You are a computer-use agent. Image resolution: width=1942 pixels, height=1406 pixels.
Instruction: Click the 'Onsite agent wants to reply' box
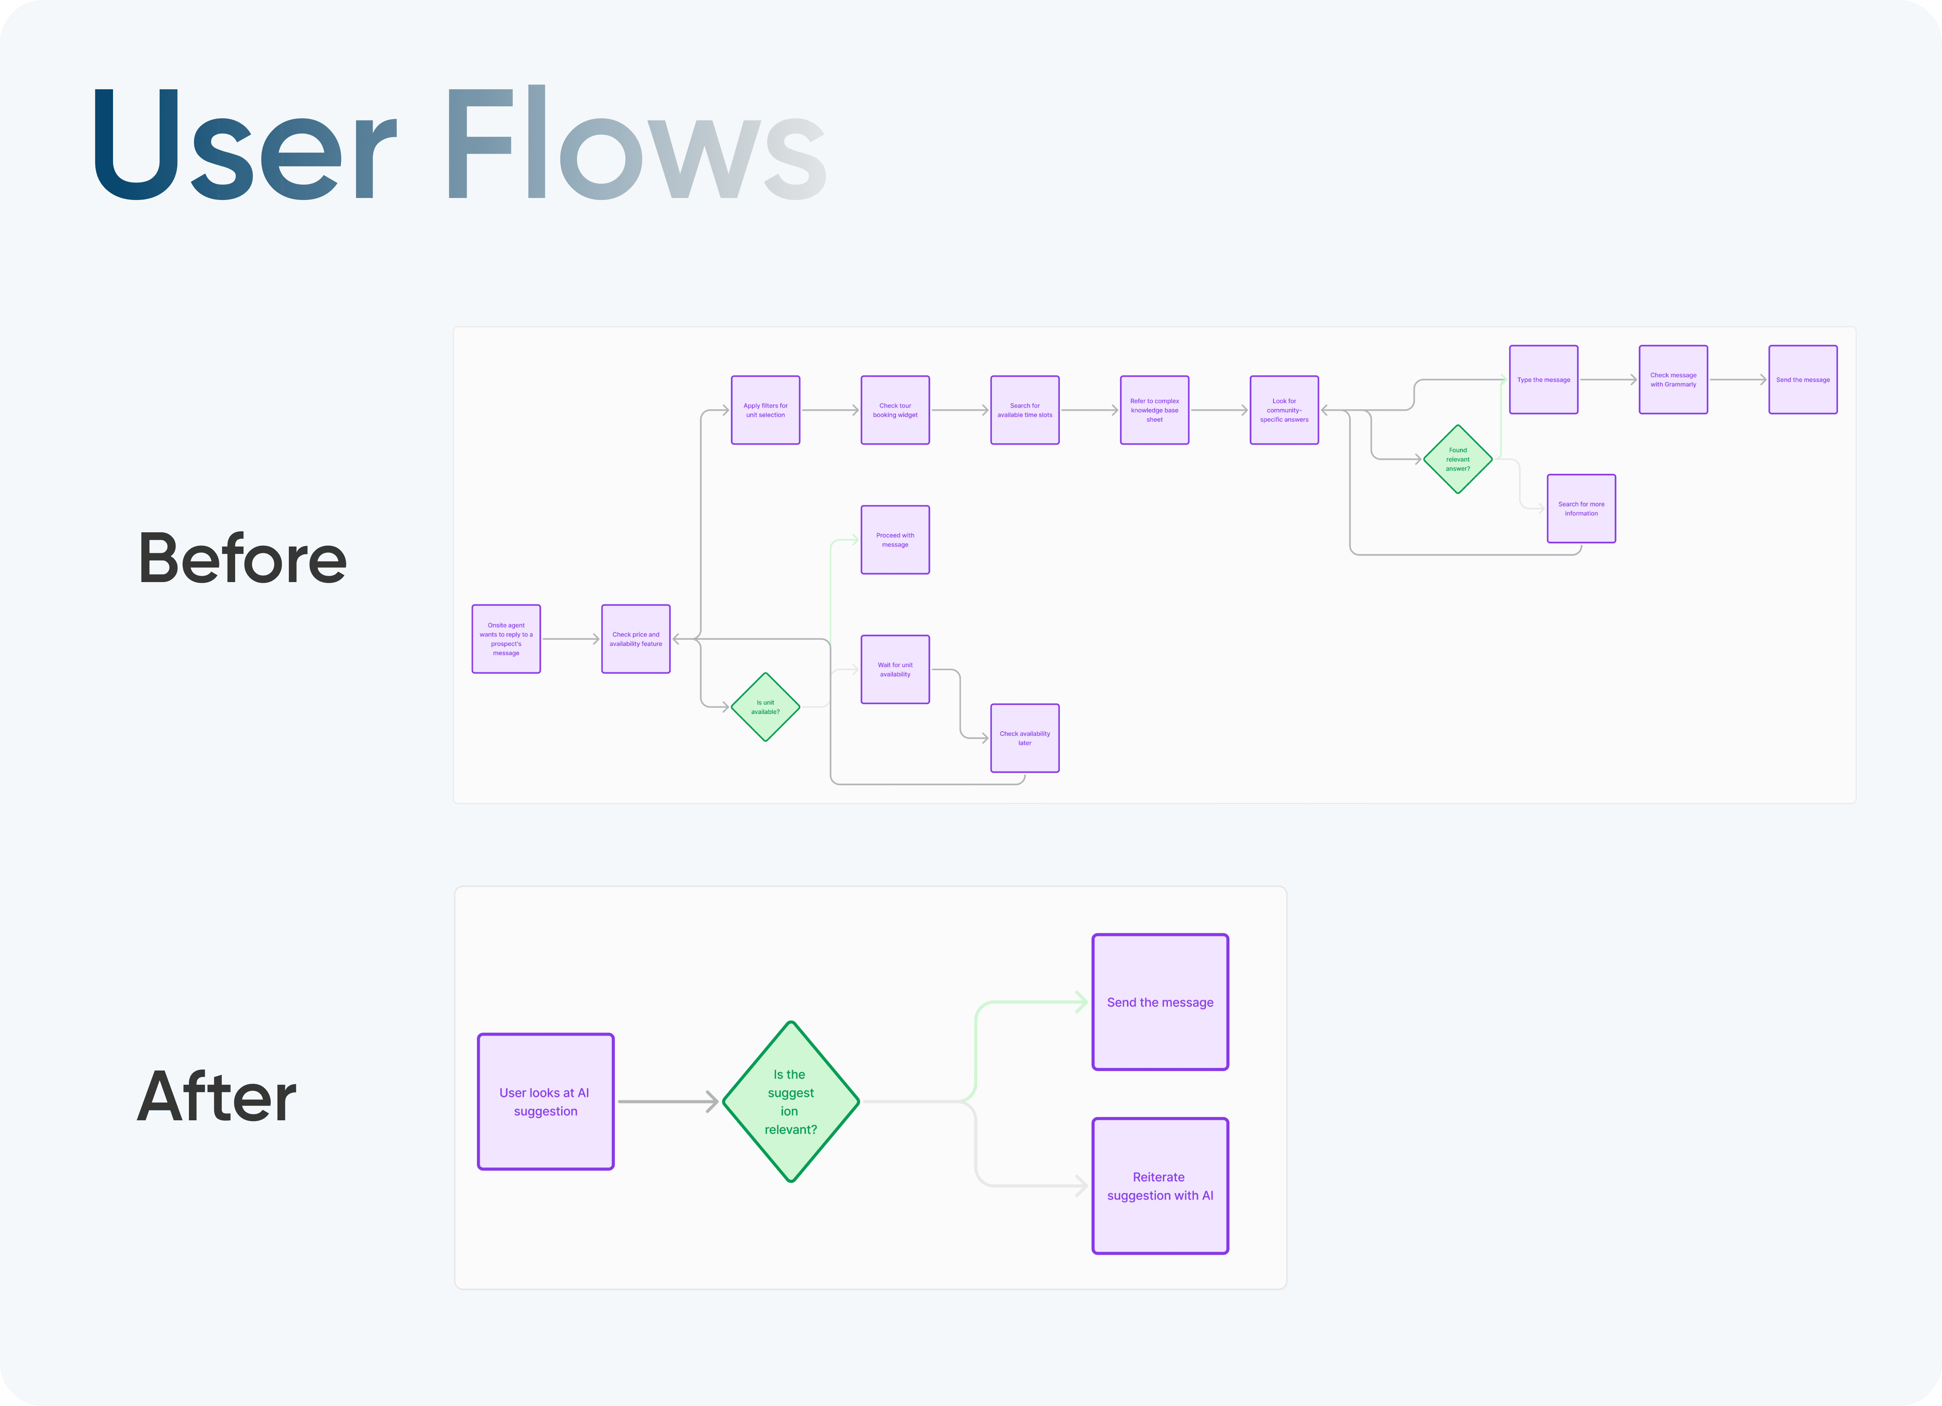click(x=506, y=639)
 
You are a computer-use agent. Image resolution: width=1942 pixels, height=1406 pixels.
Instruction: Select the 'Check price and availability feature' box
click(x=635, y=639)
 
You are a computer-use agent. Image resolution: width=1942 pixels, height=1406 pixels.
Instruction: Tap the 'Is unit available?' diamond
click(x=765, y=707)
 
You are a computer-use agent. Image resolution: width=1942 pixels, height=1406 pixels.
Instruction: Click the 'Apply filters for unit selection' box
click(x=765, y=410)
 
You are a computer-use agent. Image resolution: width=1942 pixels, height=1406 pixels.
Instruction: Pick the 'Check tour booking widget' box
click(x=895, y=410)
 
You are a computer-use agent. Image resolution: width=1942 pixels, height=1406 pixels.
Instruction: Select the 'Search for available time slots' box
click(x=1025, y=410)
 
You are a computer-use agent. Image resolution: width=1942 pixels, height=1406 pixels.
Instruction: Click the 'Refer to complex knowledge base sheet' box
click(x=1154, y=410)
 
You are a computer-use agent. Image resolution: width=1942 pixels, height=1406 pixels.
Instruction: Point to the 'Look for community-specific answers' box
click(x=1284, y=410)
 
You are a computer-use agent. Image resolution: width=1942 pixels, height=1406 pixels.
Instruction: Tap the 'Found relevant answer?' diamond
click(x=1457, y=459)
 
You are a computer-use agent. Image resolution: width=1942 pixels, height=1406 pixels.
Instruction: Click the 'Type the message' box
click(x=1544, y=379)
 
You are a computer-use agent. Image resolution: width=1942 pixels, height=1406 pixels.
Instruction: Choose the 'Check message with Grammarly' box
click(x=1673, y=379)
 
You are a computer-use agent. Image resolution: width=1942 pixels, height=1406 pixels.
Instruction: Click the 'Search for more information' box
click(x=1582, y=509)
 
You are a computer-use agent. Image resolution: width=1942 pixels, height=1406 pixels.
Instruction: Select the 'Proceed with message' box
click(x=895, y=539)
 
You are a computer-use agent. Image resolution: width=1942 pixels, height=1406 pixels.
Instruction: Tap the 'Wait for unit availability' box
click(x=895, y=669)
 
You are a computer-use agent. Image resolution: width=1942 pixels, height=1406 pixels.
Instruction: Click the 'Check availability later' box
click(x=1025, y=738)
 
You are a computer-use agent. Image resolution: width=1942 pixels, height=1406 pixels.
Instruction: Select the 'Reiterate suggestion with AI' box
click(x=1160, y=1186)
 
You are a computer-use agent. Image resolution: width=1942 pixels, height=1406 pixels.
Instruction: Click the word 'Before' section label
click(x=242, y=558)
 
